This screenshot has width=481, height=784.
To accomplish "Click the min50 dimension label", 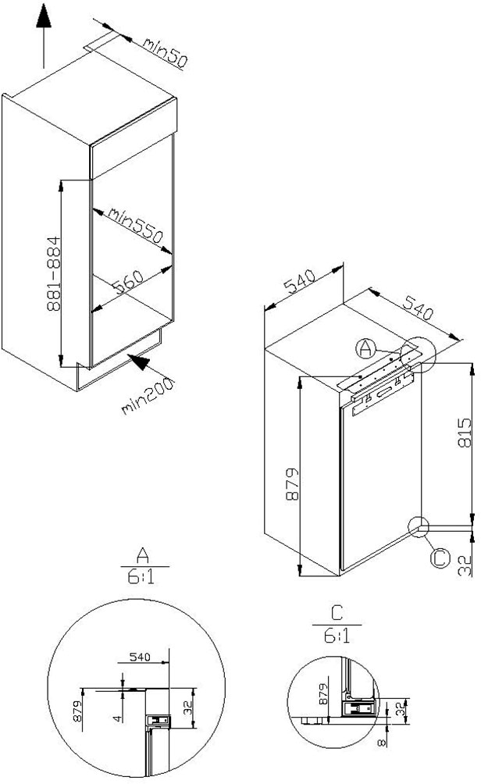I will coord(164,54).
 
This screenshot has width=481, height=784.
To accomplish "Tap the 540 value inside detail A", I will coord(138,657).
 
